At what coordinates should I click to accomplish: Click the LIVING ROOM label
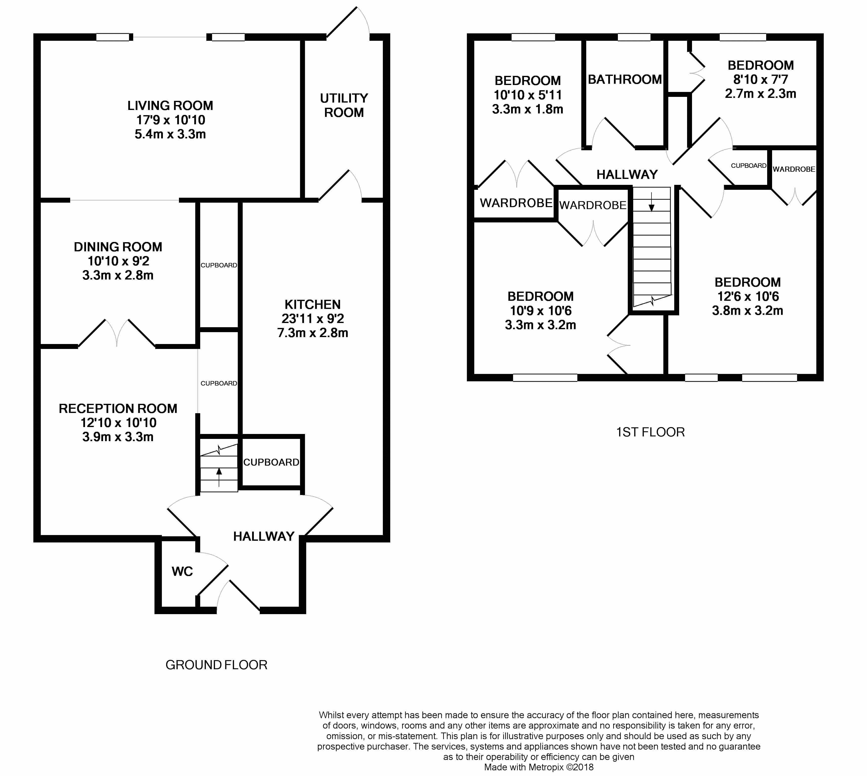pos(170,105)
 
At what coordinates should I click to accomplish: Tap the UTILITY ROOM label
pos(344,105)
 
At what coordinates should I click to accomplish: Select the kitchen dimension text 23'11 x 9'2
pos(313,319)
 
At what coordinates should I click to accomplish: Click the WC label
pos(182,571)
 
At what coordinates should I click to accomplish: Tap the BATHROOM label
pos(625,79)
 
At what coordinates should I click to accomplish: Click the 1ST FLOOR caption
pos(650,432)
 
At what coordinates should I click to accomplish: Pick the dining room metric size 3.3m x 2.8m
pos(118,275)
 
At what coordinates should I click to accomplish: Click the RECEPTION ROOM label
pos(118,409)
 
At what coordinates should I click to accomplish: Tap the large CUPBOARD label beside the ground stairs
pos(271,462)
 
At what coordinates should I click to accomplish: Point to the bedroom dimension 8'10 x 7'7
pos(760,79)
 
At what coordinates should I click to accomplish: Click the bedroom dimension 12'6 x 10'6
pos(748,296)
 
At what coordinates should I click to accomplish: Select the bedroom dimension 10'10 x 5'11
pos(527,95)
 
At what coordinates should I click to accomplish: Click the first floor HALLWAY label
pos(627,174)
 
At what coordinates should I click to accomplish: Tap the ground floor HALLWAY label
pos(263,536)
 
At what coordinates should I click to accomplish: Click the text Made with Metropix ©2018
pos(539,767)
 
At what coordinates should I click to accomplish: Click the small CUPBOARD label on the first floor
pos(748,165)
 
